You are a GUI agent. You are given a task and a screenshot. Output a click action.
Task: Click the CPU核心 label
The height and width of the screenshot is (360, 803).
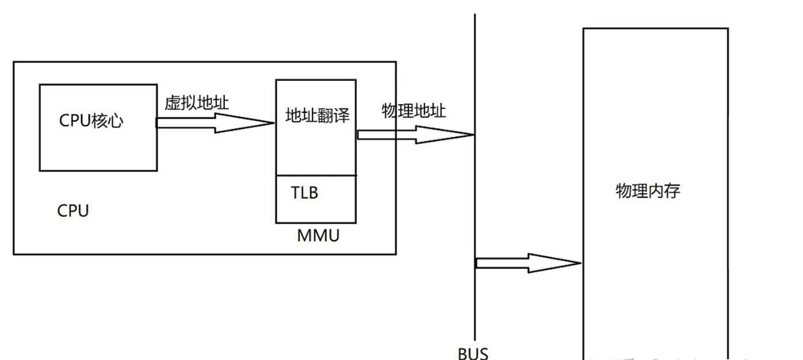pos(91,121)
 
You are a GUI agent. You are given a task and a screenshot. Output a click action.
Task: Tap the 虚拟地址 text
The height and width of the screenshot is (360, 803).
pos(196,103)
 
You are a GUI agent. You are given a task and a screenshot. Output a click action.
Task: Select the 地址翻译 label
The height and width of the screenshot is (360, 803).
pos(318,115)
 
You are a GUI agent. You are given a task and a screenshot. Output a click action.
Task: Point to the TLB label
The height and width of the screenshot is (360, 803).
pos(305,193)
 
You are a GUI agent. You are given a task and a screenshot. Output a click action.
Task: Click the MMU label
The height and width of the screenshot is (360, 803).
pos(318,236)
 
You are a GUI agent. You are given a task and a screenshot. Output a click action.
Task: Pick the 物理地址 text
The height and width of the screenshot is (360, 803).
pos(414,111)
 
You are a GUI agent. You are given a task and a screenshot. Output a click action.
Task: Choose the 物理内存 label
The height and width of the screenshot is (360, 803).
pos(648,191)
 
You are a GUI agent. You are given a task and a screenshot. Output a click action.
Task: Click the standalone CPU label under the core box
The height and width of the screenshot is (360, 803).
pos(73,211)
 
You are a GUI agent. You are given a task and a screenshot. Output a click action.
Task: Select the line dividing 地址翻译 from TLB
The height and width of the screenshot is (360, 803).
pos(316,175)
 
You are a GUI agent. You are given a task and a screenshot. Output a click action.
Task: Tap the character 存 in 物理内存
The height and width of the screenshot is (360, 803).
pos(672,191)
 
